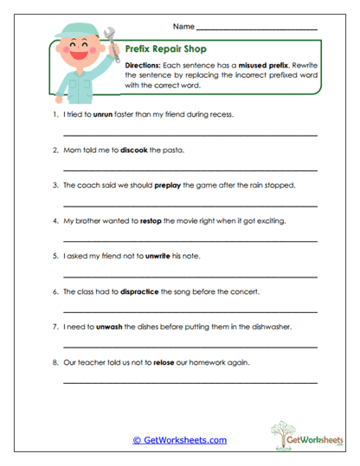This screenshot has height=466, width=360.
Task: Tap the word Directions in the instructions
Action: point(143,66)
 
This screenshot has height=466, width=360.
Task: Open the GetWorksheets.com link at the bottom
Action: point(179,440)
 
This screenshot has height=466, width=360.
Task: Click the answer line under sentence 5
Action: point(190,276)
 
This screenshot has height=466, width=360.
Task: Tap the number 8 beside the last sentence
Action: point(55,362)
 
